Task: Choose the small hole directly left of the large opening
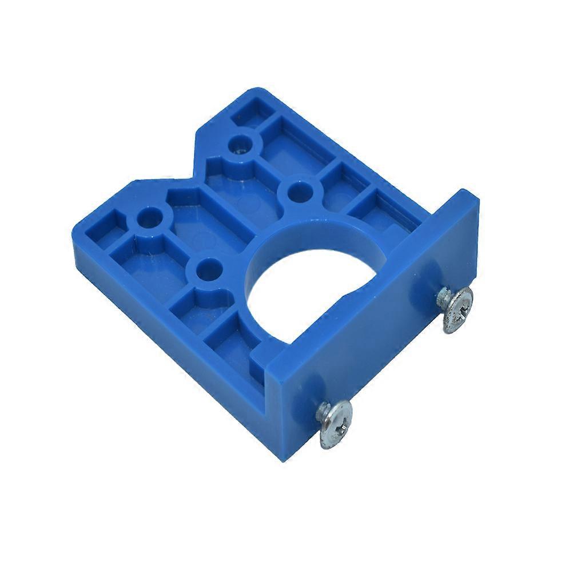tap(208, 269)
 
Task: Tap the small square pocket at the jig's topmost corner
tap(252, 109)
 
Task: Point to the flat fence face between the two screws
tap(395, 366)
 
